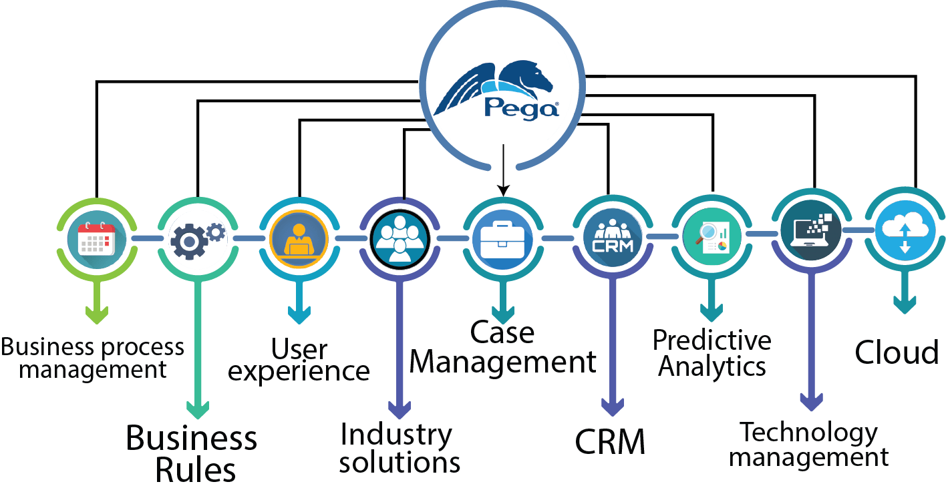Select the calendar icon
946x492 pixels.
[x=97, y=238]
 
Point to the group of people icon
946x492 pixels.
[x=400, y=238]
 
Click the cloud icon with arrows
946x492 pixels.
[x=905, y=231]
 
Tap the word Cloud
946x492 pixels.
[x=897, y=352]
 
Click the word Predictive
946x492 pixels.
[x=712, y=340]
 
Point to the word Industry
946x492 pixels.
[x=396, y=435]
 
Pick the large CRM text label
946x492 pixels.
[x=610, y=441]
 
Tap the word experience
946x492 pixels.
[x=298, y=371]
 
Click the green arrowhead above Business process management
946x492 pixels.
[x=97, y=314]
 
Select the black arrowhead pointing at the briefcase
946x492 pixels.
[x=503, y=190]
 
